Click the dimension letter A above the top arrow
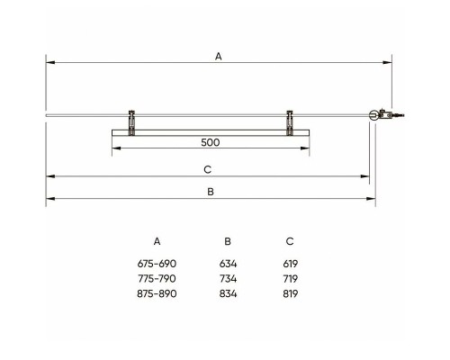tap(219, 56)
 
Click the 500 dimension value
tap(211, 142)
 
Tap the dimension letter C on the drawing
tap(208, 169)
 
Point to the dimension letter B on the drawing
tap(211, 192)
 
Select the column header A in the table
tap(157, 241)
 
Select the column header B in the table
tap(228, 241)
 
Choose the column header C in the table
tap(290, 241)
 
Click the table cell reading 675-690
tap(157, 264)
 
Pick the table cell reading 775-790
tap(157, 279)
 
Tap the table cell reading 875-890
tap(157, 293)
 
